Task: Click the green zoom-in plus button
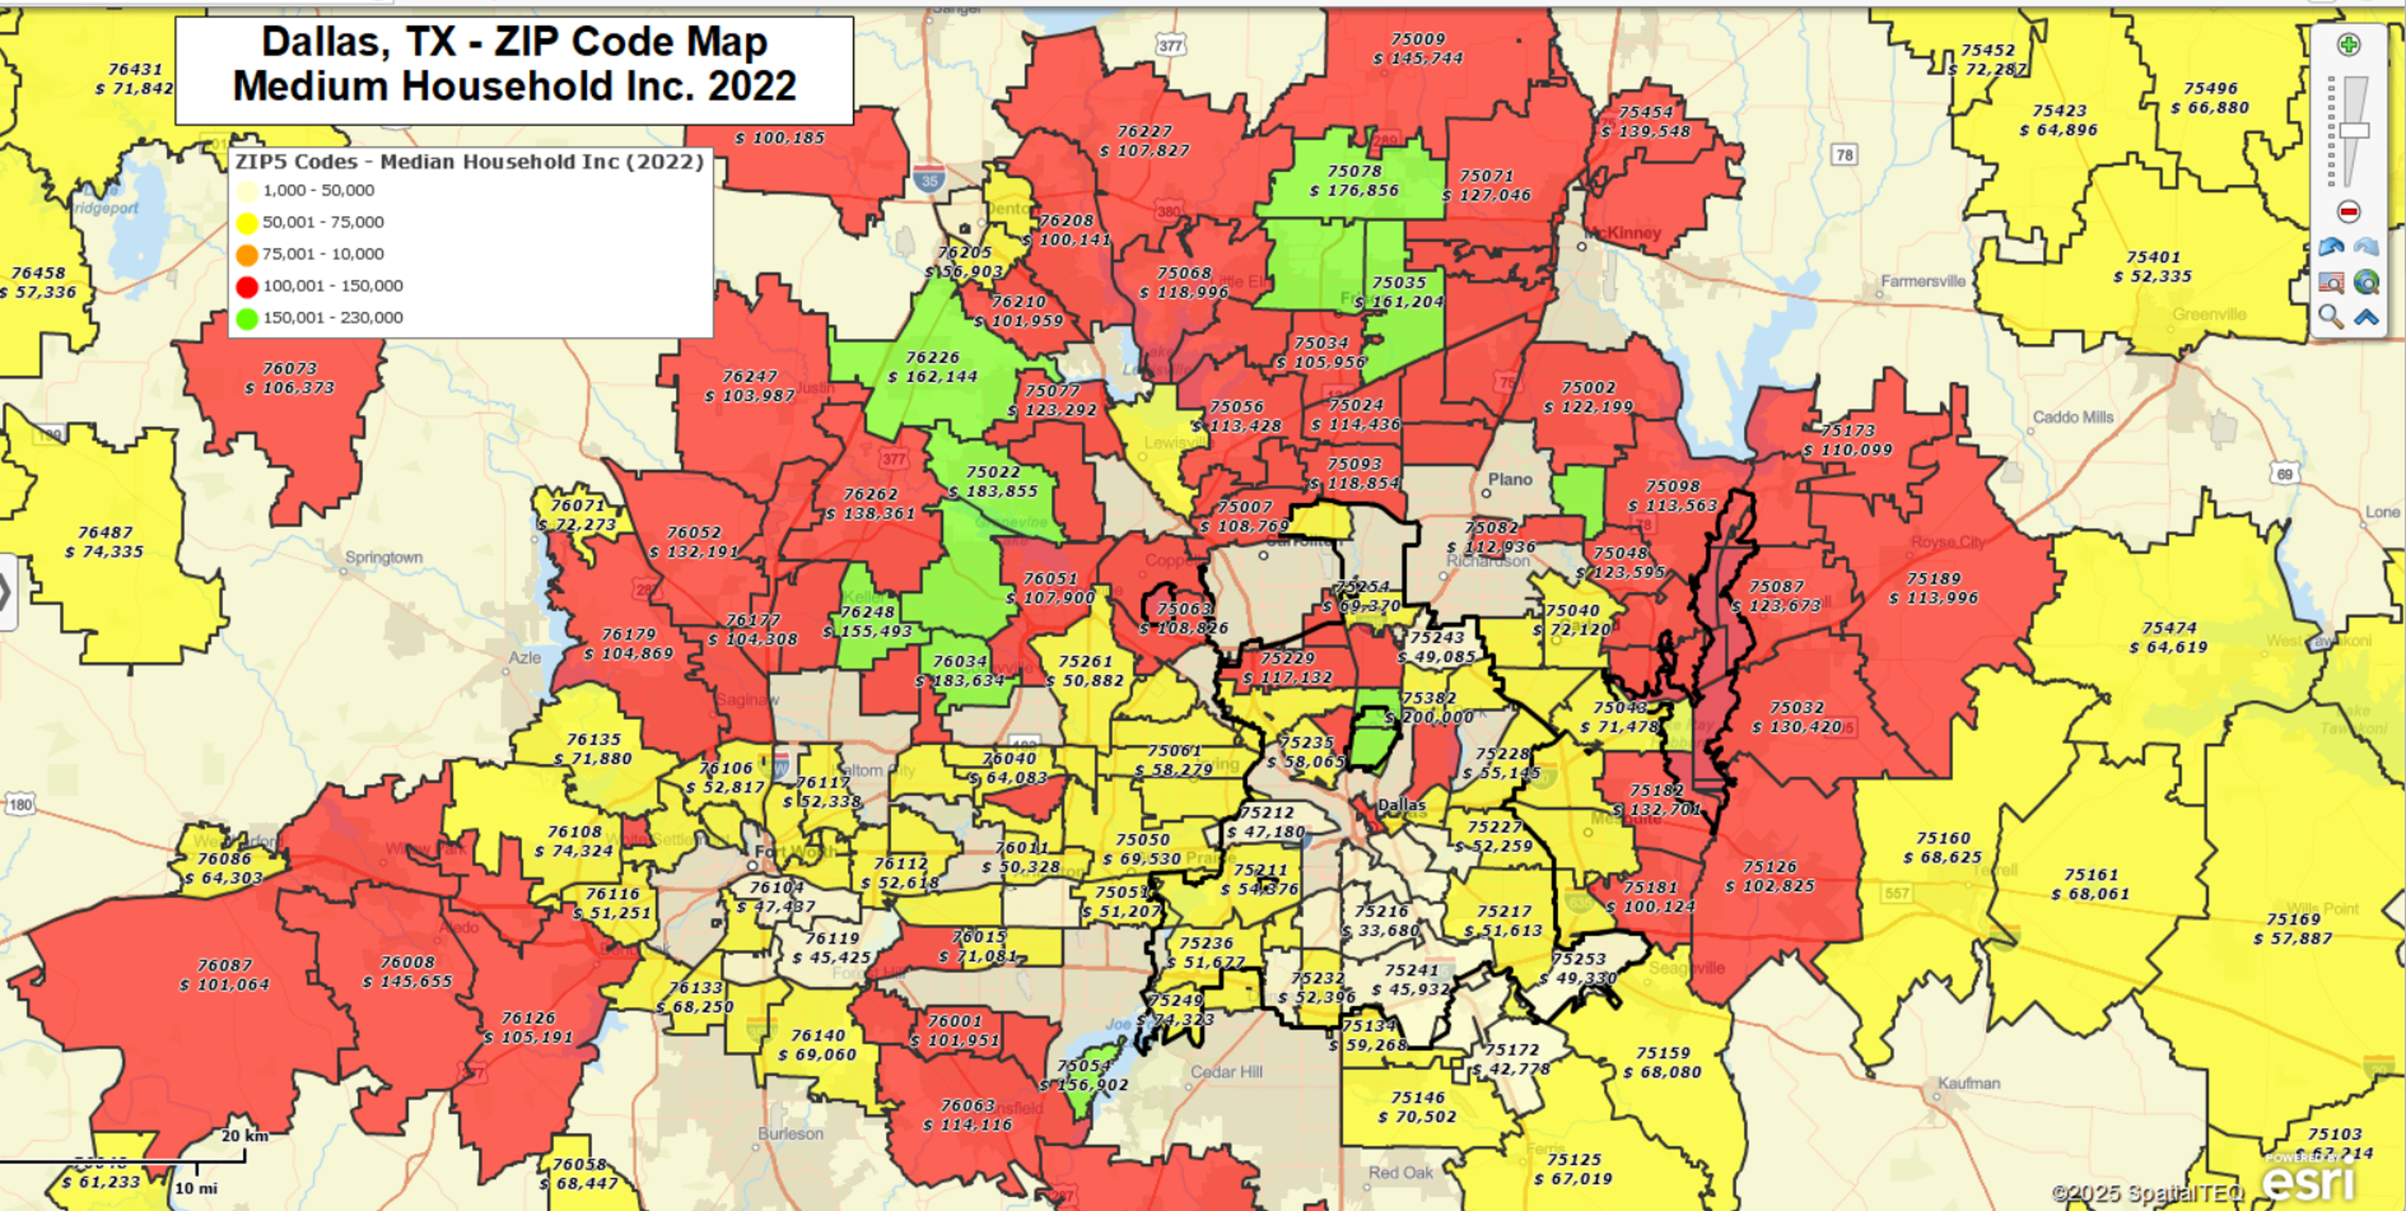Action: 2348,45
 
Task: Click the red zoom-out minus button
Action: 2348,211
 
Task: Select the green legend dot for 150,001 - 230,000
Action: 246,318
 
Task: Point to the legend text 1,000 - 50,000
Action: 318,190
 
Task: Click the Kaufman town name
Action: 1968,1083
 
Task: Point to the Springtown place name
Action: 384,557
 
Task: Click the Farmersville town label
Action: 1922,281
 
